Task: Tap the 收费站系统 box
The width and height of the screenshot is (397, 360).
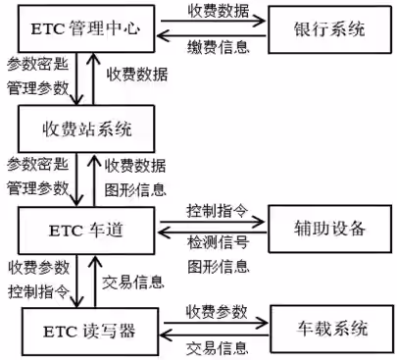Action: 86,129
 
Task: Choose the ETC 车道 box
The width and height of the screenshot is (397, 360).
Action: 86,230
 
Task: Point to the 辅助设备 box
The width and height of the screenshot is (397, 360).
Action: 328,230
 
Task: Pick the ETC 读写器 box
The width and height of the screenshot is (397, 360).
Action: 86,328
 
